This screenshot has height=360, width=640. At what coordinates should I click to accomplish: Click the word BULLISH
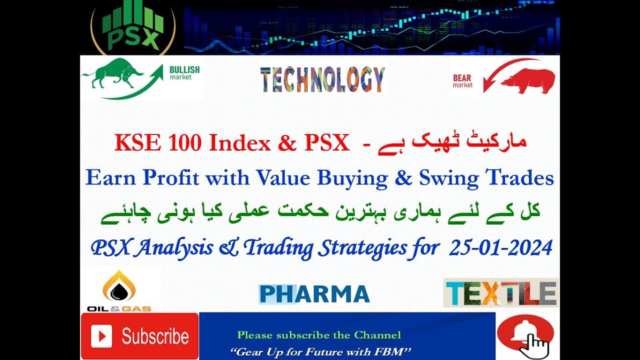[x=184, y=69]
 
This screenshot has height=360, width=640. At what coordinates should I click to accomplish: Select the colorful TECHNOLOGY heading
[x=322, y=79]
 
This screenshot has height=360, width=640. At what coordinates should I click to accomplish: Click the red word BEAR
[x=462, y=78]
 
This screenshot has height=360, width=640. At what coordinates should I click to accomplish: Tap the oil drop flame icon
[x=119, y=286]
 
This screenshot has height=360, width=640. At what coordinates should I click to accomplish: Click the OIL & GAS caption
[x=119, y=308]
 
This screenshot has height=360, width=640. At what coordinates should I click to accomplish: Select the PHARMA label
[x=314, y=294]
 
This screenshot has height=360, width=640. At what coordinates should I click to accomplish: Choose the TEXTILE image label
[x=501, y=293]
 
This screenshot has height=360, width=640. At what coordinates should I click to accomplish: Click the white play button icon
[x=101, y=336]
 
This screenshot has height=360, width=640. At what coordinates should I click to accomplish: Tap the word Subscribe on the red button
[x=155, y=336]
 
